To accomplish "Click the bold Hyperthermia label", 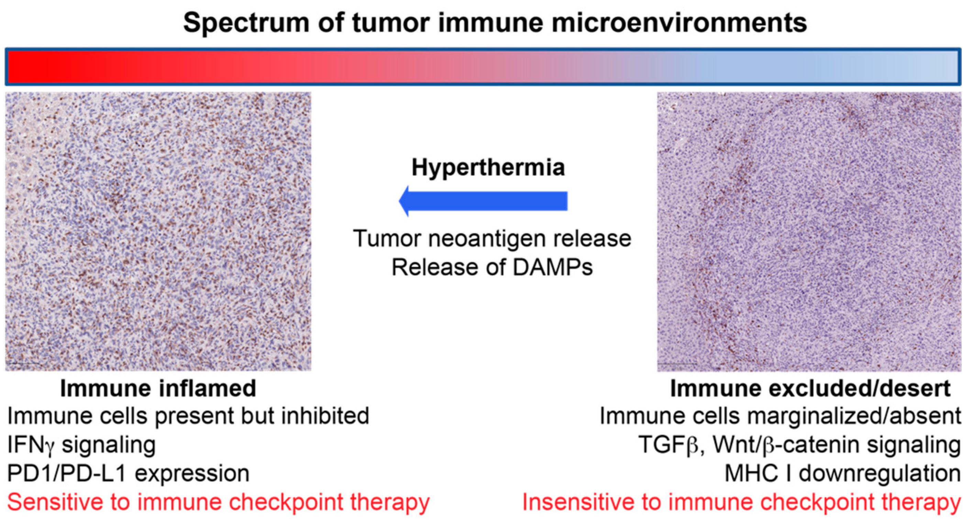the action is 488,168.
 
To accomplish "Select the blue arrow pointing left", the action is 483,201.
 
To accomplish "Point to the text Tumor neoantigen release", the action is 492,239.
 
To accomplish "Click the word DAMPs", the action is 553,267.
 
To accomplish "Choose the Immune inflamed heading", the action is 158,388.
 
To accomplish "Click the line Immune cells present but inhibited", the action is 188,416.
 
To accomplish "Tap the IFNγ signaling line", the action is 81,445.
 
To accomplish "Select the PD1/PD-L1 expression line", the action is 128,473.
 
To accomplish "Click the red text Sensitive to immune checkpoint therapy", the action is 218,503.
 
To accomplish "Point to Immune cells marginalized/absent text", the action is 781,416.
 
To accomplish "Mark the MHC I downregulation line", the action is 843,473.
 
